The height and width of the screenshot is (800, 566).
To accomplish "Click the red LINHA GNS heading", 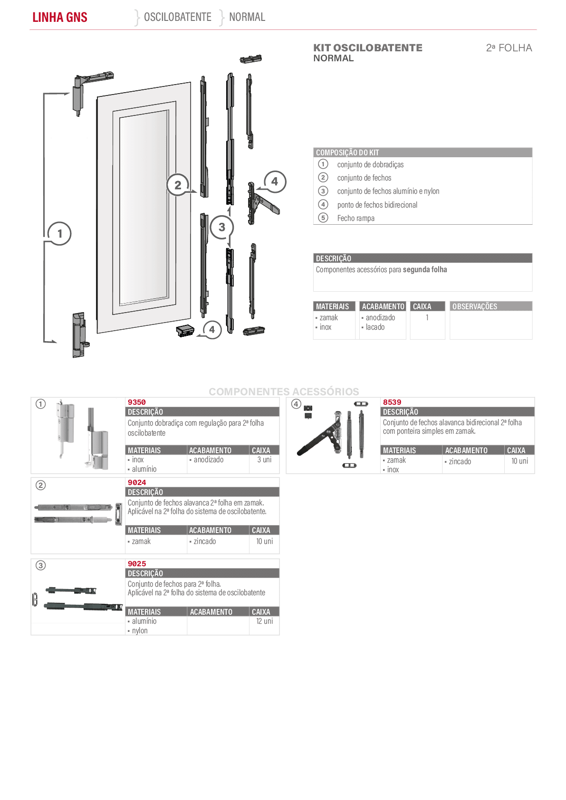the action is point(60,17).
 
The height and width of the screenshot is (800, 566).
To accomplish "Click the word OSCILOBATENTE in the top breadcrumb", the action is point(178,17).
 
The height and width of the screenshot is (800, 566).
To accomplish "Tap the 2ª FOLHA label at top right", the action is point(509,48).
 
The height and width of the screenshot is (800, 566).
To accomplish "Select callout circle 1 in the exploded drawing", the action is point(60,234).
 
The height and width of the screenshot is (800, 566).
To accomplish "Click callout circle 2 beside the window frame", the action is point(178,185).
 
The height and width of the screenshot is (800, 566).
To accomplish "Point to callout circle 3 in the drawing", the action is point(222,227).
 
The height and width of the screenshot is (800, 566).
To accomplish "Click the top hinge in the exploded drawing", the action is point(89,93).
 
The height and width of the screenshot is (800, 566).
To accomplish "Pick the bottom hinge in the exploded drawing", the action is point(80,335).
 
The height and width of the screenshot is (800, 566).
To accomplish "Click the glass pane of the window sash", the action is point(144,208).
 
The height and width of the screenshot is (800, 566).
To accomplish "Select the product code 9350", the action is point(137,402).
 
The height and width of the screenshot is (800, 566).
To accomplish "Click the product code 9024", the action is point(137,483).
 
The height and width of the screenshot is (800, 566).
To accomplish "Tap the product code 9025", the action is point(137,563).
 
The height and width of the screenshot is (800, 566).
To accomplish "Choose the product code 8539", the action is point(392,402).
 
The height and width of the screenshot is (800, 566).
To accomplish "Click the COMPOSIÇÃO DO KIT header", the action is point(347,152).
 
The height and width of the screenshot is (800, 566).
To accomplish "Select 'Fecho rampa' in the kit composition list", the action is point(356,218).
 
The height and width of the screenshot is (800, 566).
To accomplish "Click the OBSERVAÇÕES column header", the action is point(475,306).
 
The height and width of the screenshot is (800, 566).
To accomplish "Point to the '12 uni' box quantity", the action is point(264,621).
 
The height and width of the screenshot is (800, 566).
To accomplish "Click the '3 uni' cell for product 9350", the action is point(264,460).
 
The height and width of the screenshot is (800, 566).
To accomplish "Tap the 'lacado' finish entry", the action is point(375,327).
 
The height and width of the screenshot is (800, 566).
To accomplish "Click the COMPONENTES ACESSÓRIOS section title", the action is point(284,392).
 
